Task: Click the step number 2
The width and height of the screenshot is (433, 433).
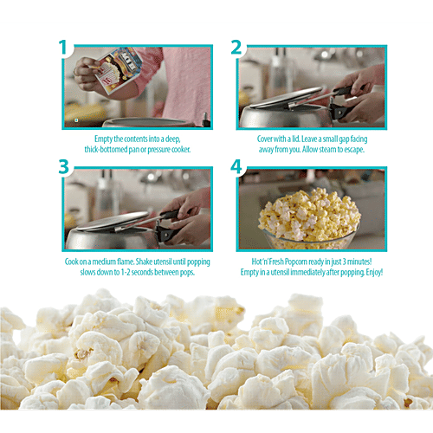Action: (235, 48)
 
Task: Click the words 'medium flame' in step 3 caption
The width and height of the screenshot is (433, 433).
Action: (109, 261)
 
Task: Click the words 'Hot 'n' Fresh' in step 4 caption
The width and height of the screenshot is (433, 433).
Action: (270, 261)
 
